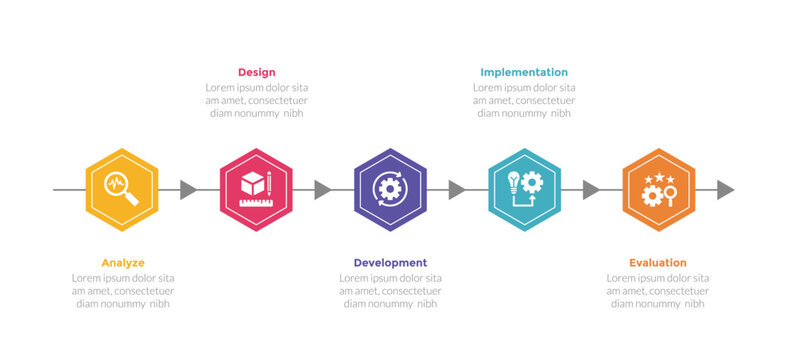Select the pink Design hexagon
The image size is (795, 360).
pos(256,190)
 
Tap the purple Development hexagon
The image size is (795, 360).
pos(390,190)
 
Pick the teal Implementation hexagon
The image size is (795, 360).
pos(524,190)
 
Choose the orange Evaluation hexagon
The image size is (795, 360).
pos(658,190)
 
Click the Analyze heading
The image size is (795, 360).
pos(122,263)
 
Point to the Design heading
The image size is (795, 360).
pos(256,72)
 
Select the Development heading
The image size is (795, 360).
pos(390,263)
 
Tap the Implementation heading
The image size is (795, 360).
pos(524,72)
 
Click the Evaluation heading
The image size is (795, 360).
pos(658,263)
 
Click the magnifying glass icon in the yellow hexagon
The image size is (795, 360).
pos(120,188)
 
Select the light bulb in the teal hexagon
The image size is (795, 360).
pos(513,181)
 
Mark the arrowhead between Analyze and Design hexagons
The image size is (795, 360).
pos(188,190)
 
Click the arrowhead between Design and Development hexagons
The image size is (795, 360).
pos(322,190)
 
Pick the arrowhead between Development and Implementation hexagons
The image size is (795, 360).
pos(456,190)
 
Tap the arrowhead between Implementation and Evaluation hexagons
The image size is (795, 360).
pos(590,190)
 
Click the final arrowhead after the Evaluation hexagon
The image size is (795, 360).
pos(725,190)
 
